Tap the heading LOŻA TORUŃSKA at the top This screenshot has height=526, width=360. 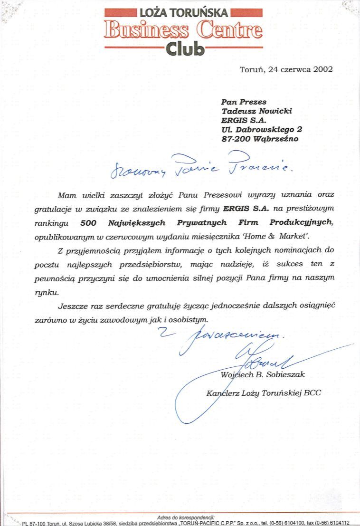(x=184, y=13)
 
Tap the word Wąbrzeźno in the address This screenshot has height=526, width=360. (x=276, y=139)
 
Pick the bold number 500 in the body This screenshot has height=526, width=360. (x=89, y=222)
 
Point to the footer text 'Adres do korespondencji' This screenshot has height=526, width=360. (x=186, y=517)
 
